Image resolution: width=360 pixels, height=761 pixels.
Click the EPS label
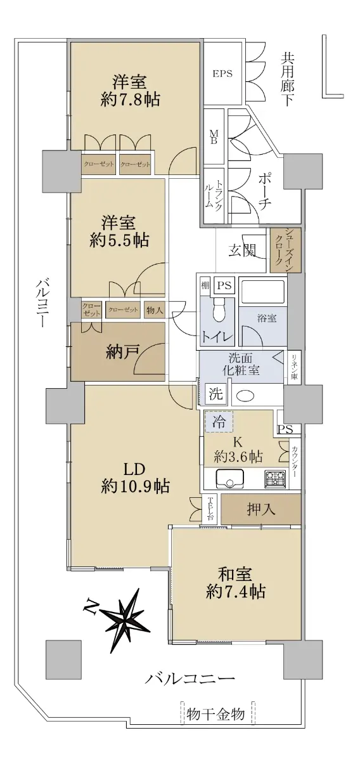click(x=222, y=73)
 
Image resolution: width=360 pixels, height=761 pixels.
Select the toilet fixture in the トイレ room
click(x=219, y=309)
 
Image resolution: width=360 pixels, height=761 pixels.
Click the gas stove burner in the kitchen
click(x=275, y=478)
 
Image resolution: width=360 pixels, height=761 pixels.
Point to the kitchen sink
click(x=229, y=478)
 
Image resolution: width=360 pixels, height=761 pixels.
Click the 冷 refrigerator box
click(x=219, y=422)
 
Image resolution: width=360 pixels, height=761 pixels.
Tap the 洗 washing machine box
click(x=215, y=394)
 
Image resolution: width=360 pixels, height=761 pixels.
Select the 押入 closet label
click(x=261, y=509)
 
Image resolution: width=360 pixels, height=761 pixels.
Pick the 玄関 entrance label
click(x=242, y=250)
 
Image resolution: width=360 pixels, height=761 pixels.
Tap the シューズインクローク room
click(x=286, y=250)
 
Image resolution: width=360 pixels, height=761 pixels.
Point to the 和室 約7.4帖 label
click(x=235, y=583)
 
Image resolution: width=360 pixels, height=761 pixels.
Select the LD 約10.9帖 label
click(x=135, y=479)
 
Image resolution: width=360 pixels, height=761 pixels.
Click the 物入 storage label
click(x=155, y=310)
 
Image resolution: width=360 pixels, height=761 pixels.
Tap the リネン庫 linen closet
click(x=294, y=367)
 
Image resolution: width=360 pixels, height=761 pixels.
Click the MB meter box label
click(x=214, y=136)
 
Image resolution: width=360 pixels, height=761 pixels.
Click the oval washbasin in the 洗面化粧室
click(x=245, y=396)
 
